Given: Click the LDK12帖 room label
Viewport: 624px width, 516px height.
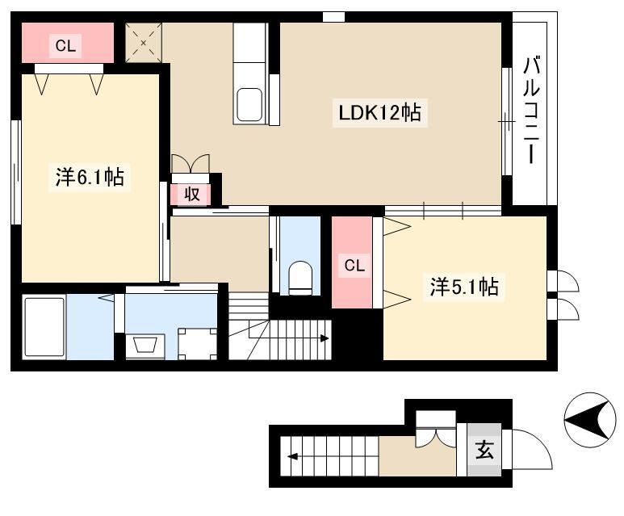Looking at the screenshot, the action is click(379, 113).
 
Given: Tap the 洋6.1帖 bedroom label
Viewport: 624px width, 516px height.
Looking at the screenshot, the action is click(90, 177).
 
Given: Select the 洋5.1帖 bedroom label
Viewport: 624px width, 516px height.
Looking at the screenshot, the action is click(464, 287).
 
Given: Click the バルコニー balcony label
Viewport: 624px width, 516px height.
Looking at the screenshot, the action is click(531, 111).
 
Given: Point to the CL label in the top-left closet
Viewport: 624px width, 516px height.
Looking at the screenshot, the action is click(65, 46).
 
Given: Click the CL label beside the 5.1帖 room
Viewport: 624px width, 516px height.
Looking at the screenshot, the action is click(354, 265).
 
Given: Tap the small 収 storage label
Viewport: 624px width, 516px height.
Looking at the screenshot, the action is click(191, 195).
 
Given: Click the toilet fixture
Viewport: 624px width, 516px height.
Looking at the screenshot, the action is click(300, 278).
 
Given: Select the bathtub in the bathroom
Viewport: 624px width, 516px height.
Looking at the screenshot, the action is click(44, 327).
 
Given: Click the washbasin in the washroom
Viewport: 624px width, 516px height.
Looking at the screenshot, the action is click(144, 345).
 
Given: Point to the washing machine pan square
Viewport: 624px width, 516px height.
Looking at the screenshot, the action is click(198, 344).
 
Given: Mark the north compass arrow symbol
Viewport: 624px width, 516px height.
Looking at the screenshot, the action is click(590, 419).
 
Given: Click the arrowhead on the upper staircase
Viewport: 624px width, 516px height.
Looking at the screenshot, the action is click(325, 338).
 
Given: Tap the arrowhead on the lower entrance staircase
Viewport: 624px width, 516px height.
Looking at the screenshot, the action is click(292, 456).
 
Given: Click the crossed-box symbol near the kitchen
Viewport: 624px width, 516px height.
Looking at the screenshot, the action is click(144, 42).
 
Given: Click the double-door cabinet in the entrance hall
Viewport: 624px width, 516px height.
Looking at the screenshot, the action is click(436, 430).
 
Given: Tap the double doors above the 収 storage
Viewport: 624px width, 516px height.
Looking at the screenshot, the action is click(191, 164).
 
